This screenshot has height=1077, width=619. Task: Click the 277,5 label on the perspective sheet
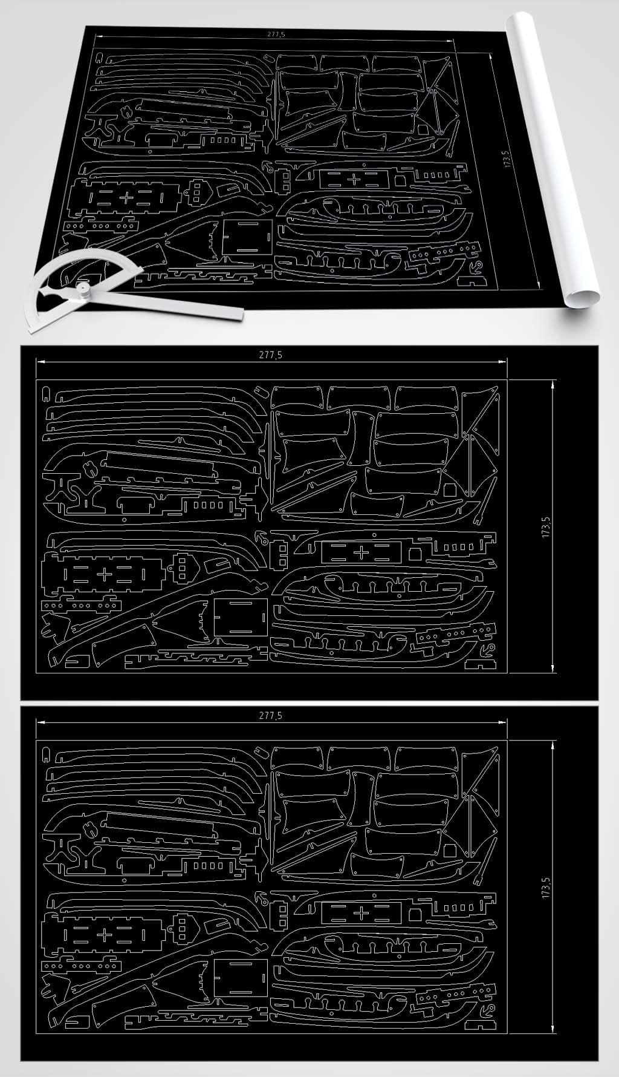coord(276,35)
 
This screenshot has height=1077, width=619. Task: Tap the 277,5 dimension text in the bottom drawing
coord(270,715)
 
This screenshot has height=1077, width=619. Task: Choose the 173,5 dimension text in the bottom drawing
coord(546,888)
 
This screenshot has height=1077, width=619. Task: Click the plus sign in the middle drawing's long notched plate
coord(104,575)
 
